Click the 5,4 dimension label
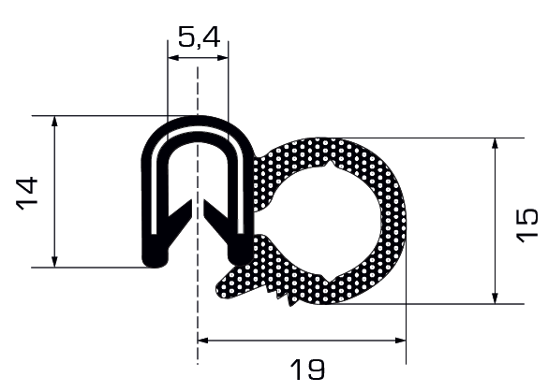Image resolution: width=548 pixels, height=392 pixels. [199, 37]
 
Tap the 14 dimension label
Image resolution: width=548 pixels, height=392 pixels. [27, 194]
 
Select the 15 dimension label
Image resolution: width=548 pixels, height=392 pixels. [526, 225]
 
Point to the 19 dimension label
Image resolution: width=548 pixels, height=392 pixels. [307, 370]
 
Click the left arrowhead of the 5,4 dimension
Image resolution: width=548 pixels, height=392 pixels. [173, 58]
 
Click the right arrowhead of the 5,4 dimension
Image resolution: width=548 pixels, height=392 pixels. [223, 58]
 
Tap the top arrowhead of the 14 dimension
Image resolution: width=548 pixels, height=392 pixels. [54, 121]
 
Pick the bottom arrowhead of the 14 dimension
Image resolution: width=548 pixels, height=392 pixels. [54, 262]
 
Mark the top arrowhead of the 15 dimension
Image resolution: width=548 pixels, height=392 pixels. [495, 143]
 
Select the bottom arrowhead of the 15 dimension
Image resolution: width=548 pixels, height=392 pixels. [495, 298]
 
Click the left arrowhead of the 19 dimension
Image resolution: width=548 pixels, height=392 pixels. [203, 341]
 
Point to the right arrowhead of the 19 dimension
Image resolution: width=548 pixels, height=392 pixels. [401, 341]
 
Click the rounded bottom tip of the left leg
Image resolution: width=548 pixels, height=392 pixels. [156, 261]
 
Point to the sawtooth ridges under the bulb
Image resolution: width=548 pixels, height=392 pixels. [282, 296]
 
